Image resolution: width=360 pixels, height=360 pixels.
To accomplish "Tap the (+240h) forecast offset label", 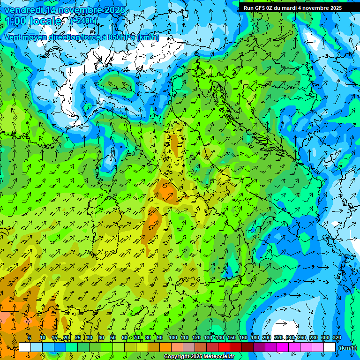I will click(x=84, y=21).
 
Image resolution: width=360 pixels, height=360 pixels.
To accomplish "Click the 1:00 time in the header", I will click(x=16, y=21).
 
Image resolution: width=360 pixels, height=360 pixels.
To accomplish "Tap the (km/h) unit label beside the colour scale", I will click(x=347, y=347).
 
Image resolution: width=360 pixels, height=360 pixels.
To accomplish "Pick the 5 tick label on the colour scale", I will click(x=30, y=337).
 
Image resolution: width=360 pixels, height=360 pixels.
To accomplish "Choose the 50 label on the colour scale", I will click(x=113, y=337).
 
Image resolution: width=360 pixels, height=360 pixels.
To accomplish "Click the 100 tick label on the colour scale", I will click(x=173, y=337).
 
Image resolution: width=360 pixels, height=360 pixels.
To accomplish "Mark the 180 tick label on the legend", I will click(x=255, y=337).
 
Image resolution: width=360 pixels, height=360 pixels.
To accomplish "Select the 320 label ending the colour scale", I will click(x=337, y=337).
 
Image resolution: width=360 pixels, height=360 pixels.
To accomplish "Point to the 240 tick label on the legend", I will click(x=290, y=337).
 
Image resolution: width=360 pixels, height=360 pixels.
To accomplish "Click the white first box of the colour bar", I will click(x=25, y=347).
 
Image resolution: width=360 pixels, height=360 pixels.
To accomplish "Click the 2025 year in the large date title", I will click(x=115, y=10).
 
